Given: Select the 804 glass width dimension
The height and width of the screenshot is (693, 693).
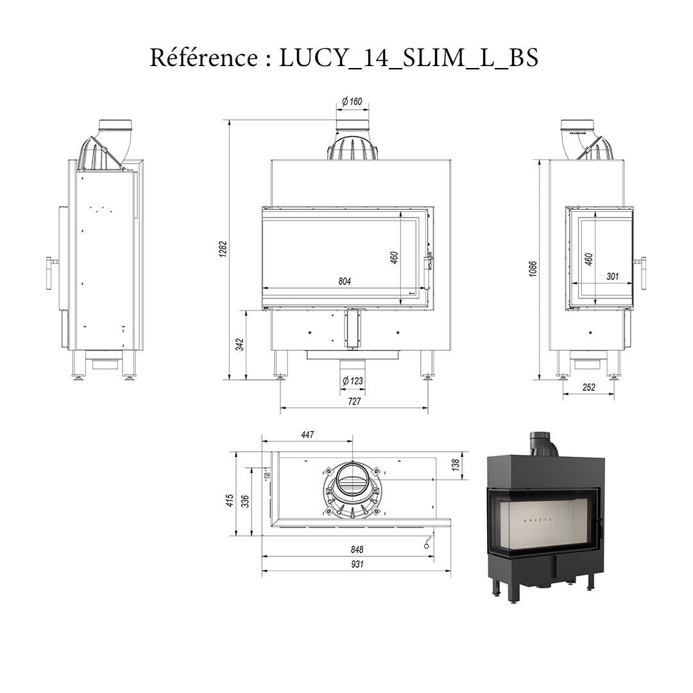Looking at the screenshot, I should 345,281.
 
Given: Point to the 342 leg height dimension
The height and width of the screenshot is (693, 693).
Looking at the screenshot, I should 239,345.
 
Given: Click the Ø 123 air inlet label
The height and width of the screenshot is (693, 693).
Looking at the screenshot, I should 352,381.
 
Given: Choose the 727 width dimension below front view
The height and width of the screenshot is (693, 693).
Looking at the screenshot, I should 354,401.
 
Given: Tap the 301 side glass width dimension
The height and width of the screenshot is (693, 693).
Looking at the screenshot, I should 612,277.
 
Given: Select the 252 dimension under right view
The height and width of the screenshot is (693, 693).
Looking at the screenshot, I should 588,387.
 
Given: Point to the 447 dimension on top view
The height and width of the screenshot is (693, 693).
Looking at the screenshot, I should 307,435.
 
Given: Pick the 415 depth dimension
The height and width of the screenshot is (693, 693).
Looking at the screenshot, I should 229,501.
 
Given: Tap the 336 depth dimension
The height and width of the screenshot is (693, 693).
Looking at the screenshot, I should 244,501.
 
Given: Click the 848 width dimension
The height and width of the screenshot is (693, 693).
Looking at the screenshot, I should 357,549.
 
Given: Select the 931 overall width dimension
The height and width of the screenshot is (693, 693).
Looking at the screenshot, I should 357,564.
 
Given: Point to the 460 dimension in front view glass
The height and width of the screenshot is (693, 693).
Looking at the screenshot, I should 395,256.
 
